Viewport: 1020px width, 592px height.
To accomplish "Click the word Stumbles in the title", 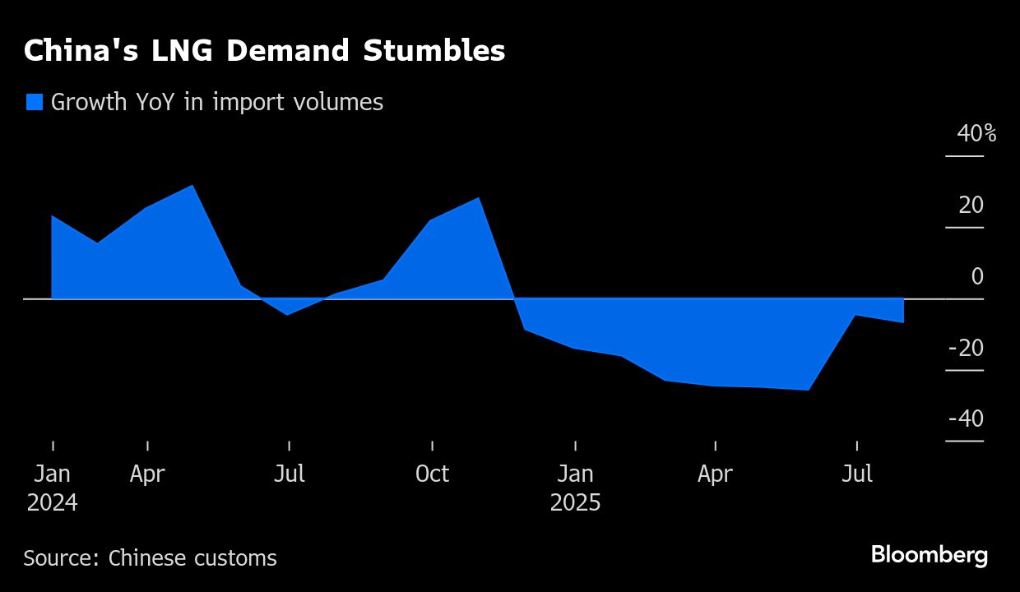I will [x=435, y=51].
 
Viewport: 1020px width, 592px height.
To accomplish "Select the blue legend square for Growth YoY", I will [x=34, y=102].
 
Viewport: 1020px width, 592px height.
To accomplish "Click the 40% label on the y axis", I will [x=976, y=133].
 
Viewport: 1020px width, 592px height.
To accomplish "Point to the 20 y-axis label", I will [x=971, y=205].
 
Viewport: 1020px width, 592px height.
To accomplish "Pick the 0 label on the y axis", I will [x=977, y=276].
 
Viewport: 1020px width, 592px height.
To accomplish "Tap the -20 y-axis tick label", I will [x=966, y=348].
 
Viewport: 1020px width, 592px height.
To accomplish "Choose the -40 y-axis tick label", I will [x=966, y=419].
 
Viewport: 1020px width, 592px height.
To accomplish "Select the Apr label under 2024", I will [x=147, y=474].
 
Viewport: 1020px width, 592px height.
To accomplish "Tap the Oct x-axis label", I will [x=433, y=474].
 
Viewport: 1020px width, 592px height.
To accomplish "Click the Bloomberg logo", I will [x=929, y=555].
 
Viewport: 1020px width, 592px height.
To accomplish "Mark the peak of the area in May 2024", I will [x=192, y=186].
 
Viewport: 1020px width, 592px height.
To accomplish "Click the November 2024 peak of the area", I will [x=479, y=198].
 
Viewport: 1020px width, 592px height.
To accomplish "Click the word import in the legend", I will [x=245, y=102].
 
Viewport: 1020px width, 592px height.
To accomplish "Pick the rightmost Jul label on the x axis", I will [x=858, y=474].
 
